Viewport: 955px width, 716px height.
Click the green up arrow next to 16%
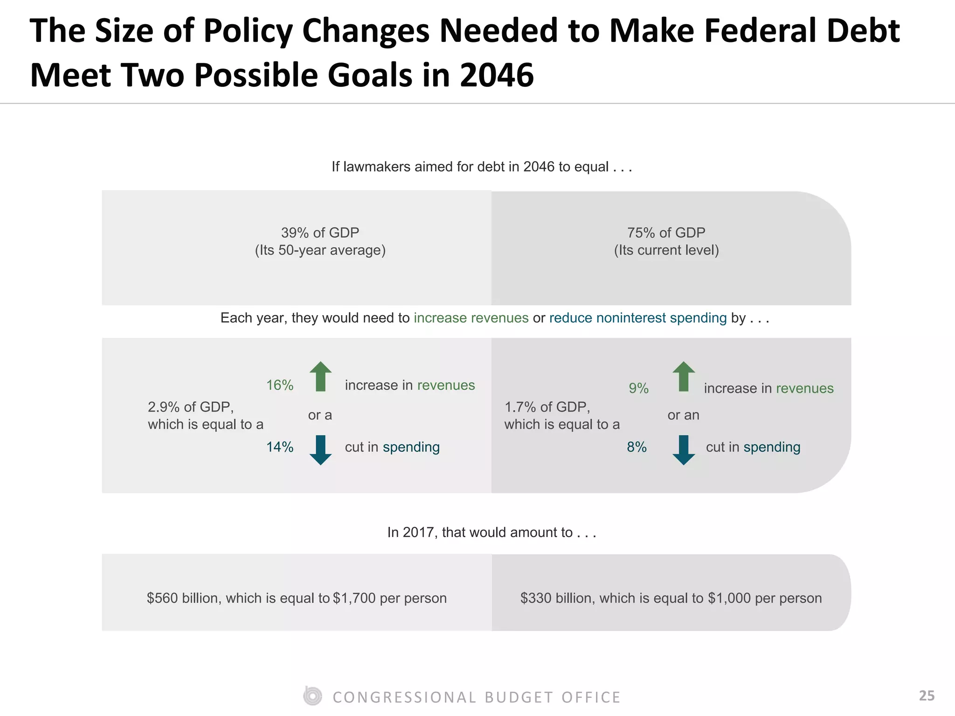pyautogui.click(x=320, y=376)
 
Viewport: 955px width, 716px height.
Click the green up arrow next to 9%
pyautogui.click(x=684, y=376)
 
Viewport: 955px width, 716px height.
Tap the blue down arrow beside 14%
pyautogui.click(x=320, y=450)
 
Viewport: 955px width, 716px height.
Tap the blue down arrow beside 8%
pyautogui.click(x=684, y=450)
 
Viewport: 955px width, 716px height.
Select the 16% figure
pyautogui.click(x=280, y=385)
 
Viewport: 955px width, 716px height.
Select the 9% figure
pyautogui.click(x=638, y=388)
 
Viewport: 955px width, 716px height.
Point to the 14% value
pyautogui.click(x=280, y=447)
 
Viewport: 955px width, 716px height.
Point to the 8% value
pyautogui.click(x=637, y=447)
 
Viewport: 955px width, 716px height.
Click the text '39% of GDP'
pyautogui.click(x=320, y=233)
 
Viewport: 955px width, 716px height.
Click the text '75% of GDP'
pyautogui.click(x=666, y=233)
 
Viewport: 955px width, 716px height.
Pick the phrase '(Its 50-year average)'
pyautogui.click(x=320, y=250)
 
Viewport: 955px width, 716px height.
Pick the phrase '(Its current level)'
pyautogui.click(x=666, y=250)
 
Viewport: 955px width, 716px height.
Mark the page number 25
pyautogui.click(x=927, y=695)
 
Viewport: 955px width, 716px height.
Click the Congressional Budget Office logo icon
pyautogui.click(x=312, y=696)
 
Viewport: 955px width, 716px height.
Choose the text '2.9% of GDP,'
pyautogui.click(x=191, y=407)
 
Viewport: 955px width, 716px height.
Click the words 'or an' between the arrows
pyautogui.click(x=683, y=415)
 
